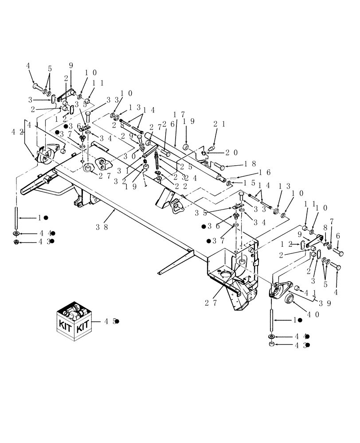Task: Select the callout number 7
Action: tap(332, 221)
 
